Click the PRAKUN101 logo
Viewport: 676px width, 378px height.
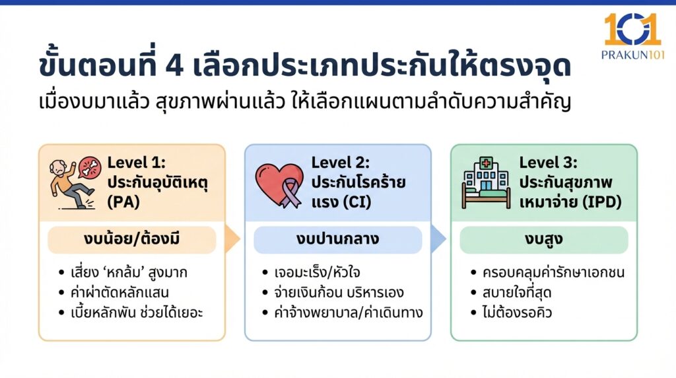point(632,37)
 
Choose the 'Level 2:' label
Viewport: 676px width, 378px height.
point(341,163)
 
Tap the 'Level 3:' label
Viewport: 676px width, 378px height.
point(548,163)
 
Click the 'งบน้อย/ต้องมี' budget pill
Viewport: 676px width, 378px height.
point(131,240)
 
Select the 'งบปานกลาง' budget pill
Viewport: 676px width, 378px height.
point(337,240)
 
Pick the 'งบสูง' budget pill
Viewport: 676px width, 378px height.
point(544,240)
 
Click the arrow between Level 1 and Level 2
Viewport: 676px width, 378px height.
point(232,239)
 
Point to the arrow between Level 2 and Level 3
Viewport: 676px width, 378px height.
point(438,239)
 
